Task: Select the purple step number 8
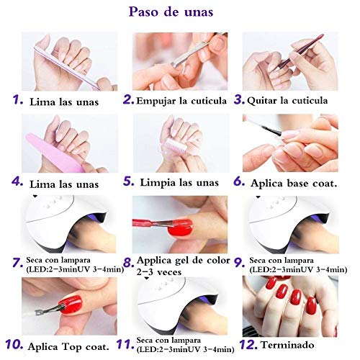point(128,264)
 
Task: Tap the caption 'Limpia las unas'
point(181,183)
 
